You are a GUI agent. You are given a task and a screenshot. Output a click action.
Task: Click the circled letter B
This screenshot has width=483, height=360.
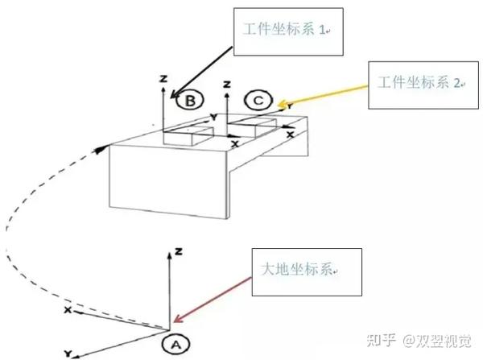191,100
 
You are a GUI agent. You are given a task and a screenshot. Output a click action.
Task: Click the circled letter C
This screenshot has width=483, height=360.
258,100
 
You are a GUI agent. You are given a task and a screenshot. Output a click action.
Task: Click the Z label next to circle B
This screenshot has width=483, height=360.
163,78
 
